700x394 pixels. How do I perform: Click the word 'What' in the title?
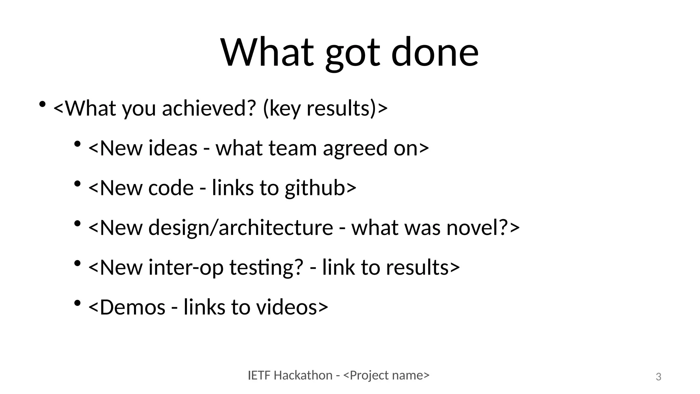(x=267, y=52)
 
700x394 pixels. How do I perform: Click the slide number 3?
(x=658, y=377)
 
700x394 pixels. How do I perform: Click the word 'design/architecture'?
(x=241, y=227)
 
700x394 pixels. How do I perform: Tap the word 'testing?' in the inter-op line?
(x=266, y=267)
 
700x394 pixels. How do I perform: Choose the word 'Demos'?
(x=133, y=307)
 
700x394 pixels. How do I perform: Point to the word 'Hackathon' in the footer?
(x=303, y=376)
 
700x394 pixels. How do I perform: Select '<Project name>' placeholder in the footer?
(x=386, y=376)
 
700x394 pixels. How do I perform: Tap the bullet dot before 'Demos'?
(x=78, y=303)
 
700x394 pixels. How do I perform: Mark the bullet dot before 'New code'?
(x=78, y=184)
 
